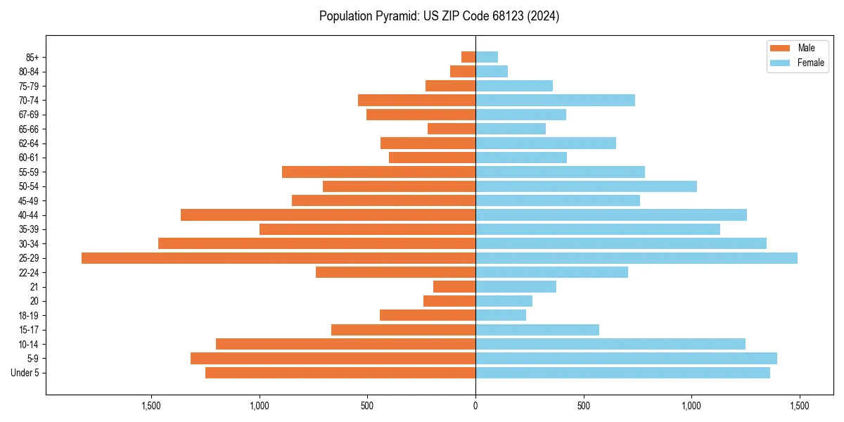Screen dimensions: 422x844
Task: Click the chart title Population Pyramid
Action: pyautogui.click(x=439, y=16)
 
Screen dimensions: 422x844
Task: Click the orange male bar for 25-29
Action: pyautogui.click(x=279, y=258)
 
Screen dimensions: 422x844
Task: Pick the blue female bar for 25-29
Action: pyautogui.click(x=637, y=258)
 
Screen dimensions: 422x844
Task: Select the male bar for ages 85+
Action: pyautogui.click(x=468, y=57)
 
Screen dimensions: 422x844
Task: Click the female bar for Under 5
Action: pyautogui.click(x=622, y=373)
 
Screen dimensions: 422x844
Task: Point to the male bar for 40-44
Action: pyautogui.click(x=328, y=215)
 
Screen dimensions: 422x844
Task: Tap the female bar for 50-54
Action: pyautogui.click(x=586, y=186)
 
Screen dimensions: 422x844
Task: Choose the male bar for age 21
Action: pyautogui.click(x=454, y=287)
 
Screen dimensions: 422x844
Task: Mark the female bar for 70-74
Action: pyautogui.click(x=555, y=100)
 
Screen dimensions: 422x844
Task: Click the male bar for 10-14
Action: pyautogui.click(x=345, y=344)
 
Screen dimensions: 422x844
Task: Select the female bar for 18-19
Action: pyautogui.click(x=501, y=315)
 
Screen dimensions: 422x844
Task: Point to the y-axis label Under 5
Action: pyautogui.click(x=25, y=373)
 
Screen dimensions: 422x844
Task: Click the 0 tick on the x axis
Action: pyautogui.click(x=475, y=406)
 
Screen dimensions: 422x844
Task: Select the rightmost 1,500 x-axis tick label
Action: pyautogui.click(x=799, y=406)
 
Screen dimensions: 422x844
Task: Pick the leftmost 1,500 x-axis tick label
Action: pyautogui.click(x=151, y=406)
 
